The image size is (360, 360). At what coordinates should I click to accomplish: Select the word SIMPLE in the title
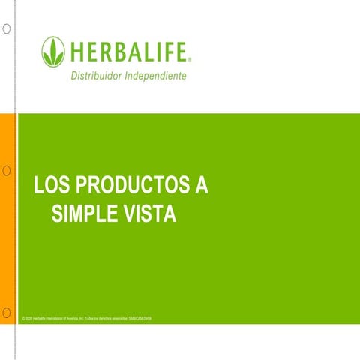pos(85,215)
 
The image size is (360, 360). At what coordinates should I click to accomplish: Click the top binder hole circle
pos(6,29)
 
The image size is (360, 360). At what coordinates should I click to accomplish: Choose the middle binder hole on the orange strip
pos(6,170)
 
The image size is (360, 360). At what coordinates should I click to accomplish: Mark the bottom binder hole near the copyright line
pos(6,310)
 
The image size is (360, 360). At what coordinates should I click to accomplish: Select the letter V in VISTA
pos(129,215)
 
